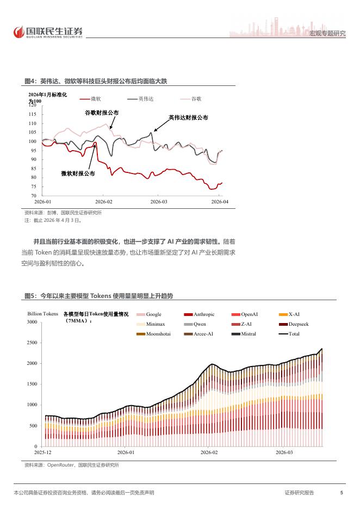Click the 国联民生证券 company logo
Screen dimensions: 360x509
click(48, 32)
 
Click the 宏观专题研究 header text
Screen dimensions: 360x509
click(327, 33)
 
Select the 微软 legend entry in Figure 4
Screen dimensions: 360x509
click(91, 98)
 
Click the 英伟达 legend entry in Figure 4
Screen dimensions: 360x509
click(140, 98)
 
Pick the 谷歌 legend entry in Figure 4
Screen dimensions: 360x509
click(191, 98)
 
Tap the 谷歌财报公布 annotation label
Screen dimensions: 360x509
click(102, 113)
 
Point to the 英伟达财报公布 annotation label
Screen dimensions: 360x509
click(188, 117)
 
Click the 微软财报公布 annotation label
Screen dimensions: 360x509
click(78, 173)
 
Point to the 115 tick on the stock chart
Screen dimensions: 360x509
click(32, 114)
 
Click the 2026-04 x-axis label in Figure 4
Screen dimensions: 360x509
click(220, 202)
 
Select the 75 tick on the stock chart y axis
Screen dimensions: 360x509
click(33, 187)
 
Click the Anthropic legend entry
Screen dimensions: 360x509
click(200, 314)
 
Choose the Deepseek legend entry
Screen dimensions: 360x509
click(294, 324)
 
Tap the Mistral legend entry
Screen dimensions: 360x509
click(244, 334)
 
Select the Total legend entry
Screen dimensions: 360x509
click(289, 334)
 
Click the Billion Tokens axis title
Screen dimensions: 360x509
click(43, 314)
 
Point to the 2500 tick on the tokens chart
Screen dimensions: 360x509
click(32, 343)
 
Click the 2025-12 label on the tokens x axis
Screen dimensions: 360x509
click(42, 452)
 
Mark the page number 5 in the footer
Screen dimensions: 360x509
click(342, 493)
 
